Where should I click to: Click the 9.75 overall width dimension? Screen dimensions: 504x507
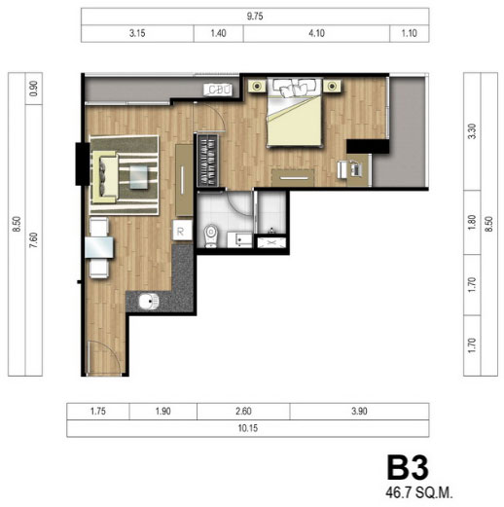coord(255,17)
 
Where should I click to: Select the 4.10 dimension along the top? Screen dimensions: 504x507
coord(316,33)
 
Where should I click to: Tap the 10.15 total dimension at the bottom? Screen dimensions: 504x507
coord(248,428)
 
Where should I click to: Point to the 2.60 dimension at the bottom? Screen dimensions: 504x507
coord(243,412)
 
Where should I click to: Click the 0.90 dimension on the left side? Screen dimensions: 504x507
coord(33,89)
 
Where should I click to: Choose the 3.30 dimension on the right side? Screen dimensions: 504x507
coord(472,131)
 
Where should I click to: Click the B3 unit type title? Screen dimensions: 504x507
coord(408,468)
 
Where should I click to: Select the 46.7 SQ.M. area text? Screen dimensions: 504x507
coord(419,493)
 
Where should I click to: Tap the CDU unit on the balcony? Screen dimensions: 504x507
coord(218,90)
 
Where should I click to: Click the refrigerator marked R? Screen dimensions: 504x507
coord(182,231)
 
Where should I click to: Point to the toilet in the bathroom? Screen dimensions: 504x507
coord(211,235)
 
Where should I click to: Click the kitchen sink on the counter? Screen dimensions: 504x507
coord(149,302)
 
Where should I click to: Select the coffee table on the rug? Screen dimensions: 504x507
coord(139,177)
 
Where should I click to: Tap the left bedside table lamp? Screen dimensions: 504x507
coord(257,86)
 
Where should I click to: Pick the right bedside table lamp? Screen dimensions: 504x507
coord(332,86)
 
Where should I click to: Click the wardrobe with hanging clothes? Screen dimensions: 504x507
coord(208,161)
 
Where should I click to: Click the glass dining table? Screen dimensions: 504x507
coord(99,247)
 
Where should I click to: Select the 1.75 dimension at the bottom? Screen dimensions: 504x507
coord(98,412)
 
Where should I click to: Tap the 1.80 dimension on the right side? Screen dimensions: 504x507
coord(472,222)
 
